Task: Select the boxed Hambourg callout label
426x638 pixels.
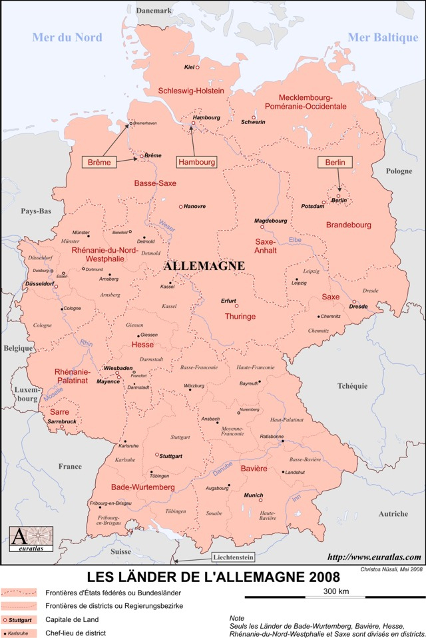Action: tap(196, 162)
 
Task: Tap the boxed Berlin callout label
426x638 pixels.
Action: tap(335, 163)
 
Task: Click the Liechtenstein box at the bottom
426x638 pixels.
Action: tap(236, 557)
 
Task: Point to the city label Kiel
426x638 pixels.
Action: tap(188, 67)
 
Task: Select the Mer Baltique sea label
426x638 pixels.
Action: tap(383, 37)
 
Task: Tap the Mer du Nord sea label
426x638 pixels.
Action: tap(67, 37)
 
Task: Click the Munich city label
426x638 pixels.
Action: tap(253, 495)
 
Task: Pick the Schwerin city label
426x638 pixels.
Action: tap(253, 122)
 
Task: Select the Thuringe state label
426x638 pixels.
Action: tap(240, 316)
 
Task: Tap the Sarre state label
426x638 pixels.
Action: tap(59, 413)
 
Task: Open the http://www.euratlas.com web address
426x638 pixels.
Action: tap(375, 557)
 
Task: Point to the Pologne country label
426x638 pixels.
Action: tap(399, 171)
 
